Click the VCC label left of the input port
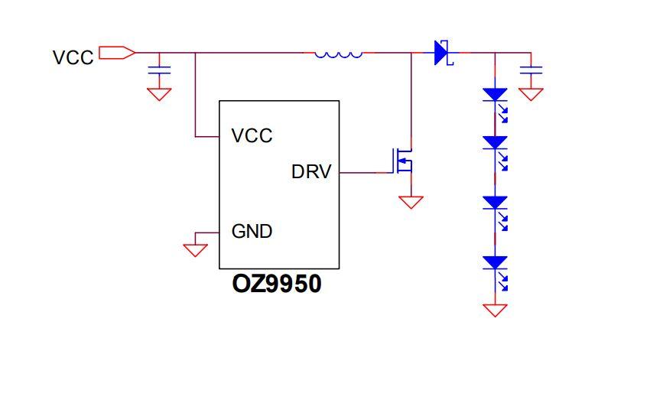[73, 57]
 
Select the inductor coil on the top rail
[338, 54]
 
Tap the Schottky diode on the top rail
[442, 53]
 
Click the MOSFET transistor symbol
[405, 161]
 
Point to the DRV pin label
[311, 172]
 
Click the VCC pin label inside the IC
[252, 136]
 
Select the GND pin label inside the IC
[252, 230]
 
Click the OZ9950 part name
[277, 285]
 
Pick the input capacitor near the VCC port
[159, 70]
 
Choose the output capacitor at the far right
[530, 70]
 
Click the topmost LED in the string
[496, 96]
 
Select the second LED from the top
[496, 143]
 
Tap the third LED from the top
[496, 203]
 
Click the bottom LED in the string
[496, 263]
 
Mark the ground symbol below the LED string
[496, 310]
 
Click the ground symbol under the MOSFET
[411, 202]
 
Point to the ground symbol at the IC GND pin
[196, 249]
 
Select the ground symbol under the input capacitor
[159, 94]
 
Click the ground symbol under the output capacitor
[530, 94]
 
